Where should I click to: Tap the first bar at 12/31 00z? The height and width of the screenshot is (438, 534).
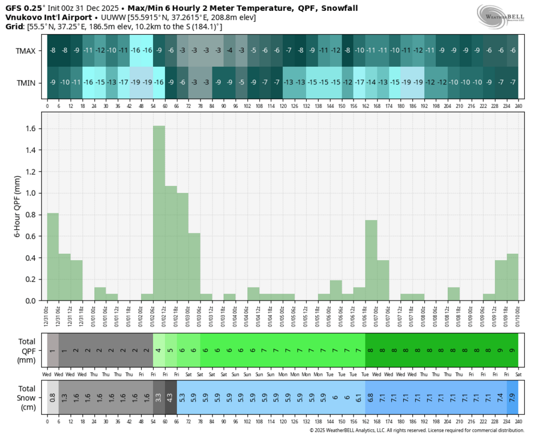tap(53, 257)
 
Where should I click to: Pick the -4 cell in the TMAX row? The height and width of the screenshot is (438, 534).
tap(230, 50)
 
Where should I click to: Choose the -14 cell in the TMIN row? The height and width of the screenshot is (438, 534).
tap(371, 83)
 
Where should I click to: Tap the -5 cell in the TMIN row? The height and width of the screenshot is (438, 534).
tap(241, 83)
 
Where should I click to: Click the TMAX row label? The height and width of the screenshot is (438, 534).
tap(26, 50)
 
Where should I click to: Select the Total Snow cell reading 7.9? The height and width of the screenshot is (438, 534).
tap(512, 398)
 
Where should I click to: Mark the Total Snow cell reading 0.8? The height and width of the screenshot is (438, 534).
tap(53, 398)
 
